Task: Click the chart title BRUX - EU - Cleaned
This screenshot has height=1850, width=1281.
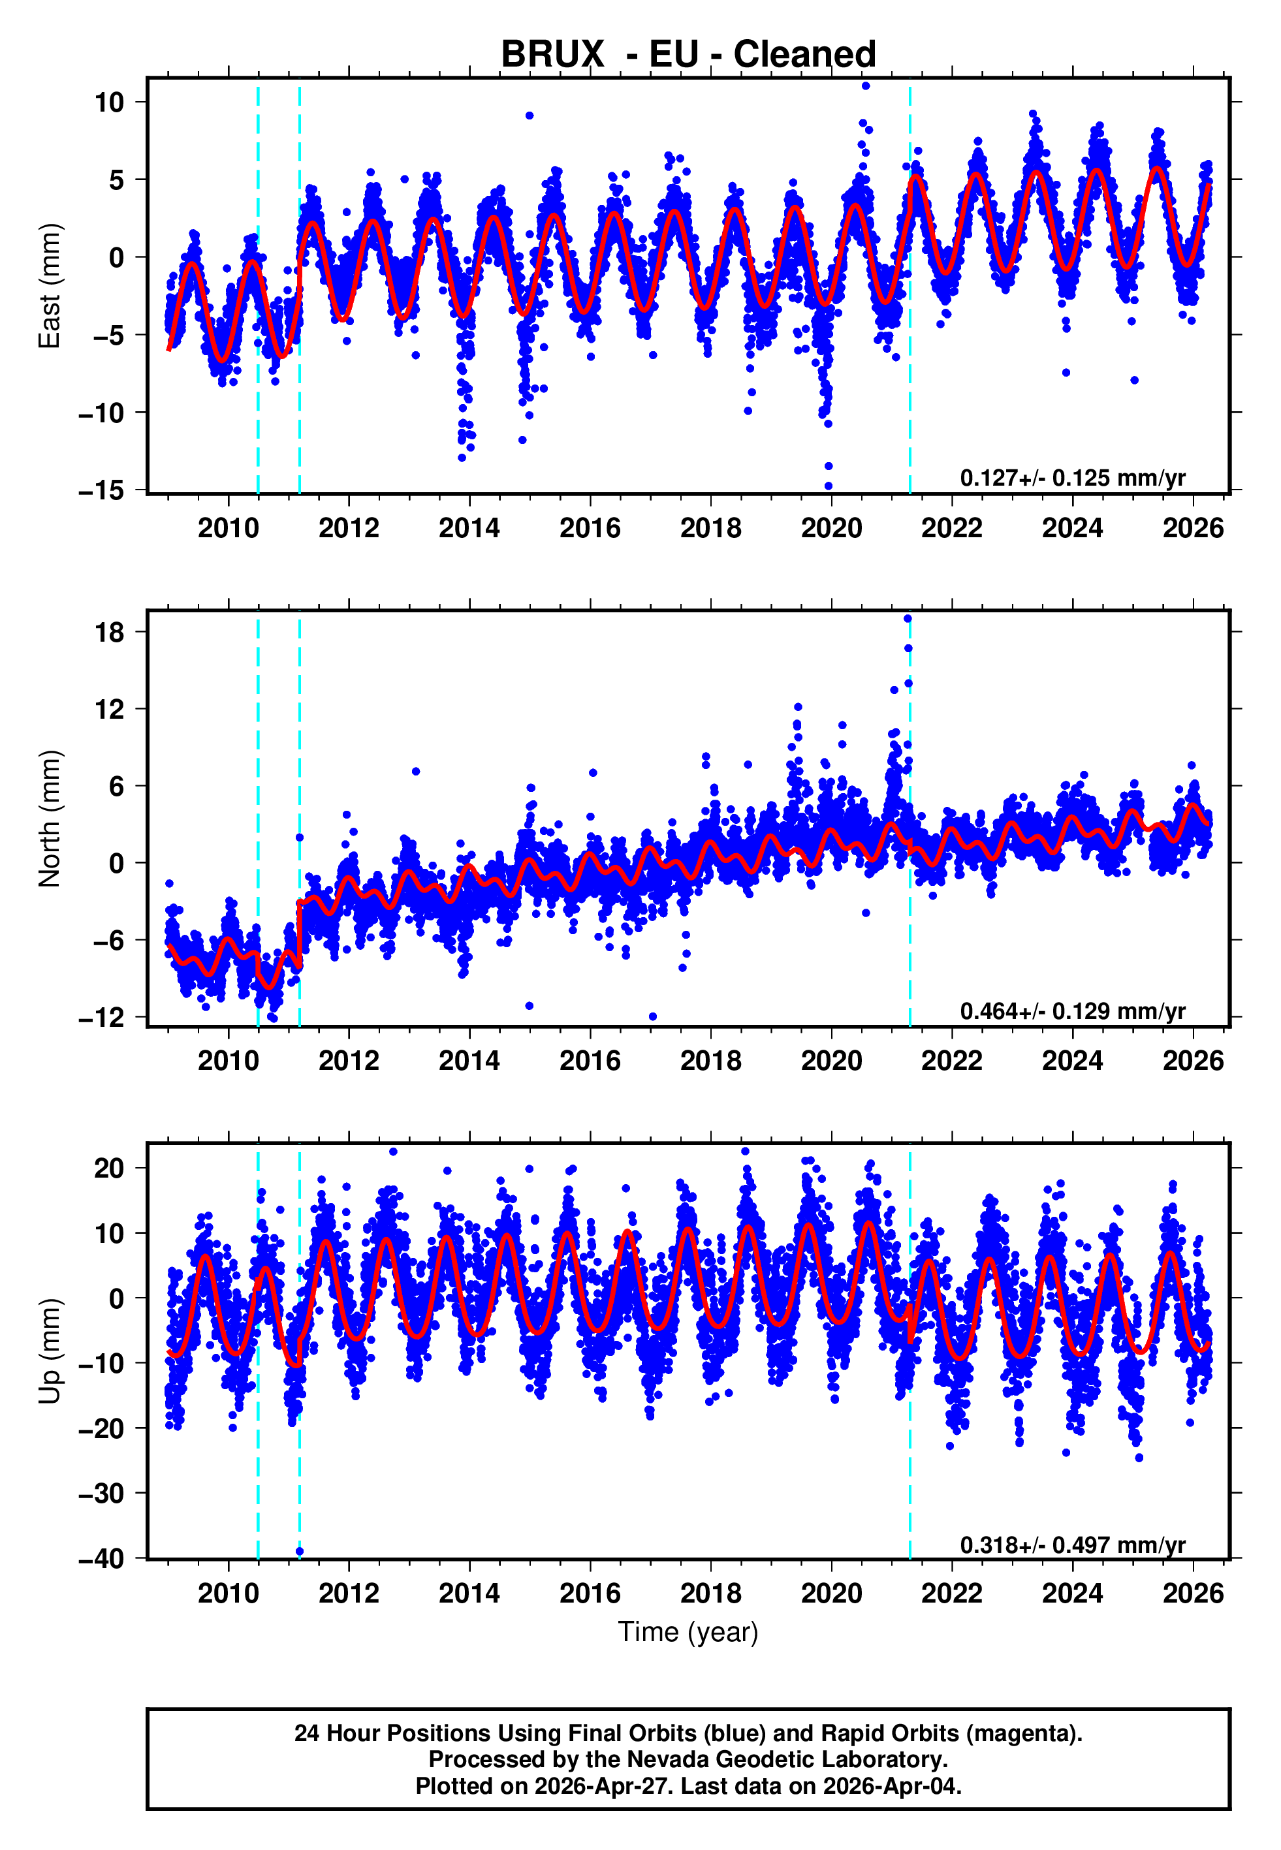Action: [x=688, y=55]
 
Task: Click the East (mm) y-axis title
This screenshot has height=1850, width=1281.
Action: [x=50, y=287]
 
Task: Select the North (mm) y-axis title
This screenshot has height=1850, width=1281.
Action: [x=50, y=819]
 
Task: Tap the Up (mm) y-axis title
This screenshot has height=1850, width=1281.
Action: [x=50, y=1351]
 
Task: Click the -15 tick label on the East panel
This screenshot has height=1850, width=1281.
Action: [x=101, y=490]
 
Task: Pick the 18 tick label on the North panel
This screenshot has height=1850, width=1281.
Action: [x=109, y=632]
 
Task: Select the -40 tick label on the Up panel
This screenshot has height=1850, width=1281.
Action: [x=101, y=1558]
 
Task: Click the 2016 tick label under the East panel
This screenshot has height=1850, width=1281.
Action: [x=590, y=529]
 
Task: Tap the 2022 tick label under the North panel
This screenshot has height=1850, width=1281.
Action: [x=951, y=1061]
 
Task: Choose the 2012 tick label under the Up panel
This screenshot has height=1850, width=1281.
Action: [x=349, y=1593]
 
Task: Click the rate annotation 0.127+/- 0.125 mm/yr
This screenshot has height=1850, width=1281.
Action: [x=1072, y=478]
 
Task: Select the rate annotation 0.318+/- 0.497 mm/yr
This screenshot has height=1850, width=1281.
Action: [x=1072, y=1544]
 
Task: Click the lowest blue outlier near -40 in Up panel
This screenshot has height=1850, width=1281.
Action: [x=300, y=1551]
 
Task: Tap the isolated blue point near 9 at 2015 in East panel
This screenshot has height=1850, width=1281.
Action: [x=530, y=116]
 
